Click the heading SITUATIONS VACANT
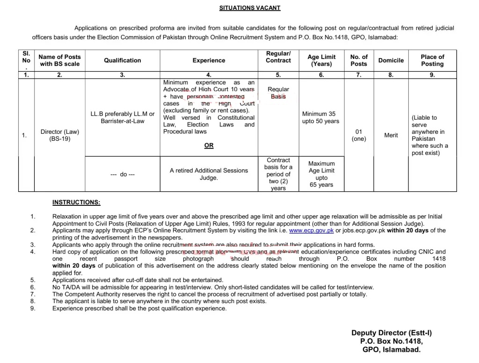tap(250, 8)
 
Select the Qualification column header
tap(122, 60)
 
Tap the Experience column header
tap(209, 60)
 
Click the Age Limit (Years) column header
tap(321, 60)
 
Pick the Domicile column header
tap(391, 60)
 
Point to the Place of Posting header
tap(432, 60)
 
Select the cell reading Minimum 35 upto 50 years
tap(320, 117)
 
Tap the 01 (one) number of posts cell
tap(359, 135)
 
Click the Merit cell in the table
tap(391, 135)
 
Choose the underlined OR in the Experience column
tap(209, 145)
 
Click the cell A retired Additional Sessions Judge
tap(209, 174)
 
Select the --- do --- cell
tap(123, 174)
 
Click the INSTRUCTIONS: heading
tap(76, 202)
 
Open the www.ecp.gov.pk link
tap(311, 231)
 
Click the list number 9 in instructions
tap(33, 308)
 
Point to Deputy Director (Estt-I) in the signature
tap(392, 333)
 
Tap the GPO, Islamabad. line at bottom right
tap(392, 349)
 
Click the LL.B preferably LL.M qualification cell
tap(123, 117)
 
